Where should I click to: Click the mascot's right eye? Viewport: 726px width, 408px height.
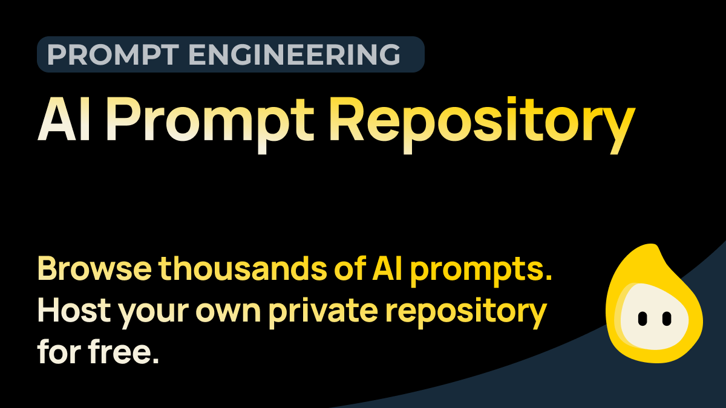point(667,317)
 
